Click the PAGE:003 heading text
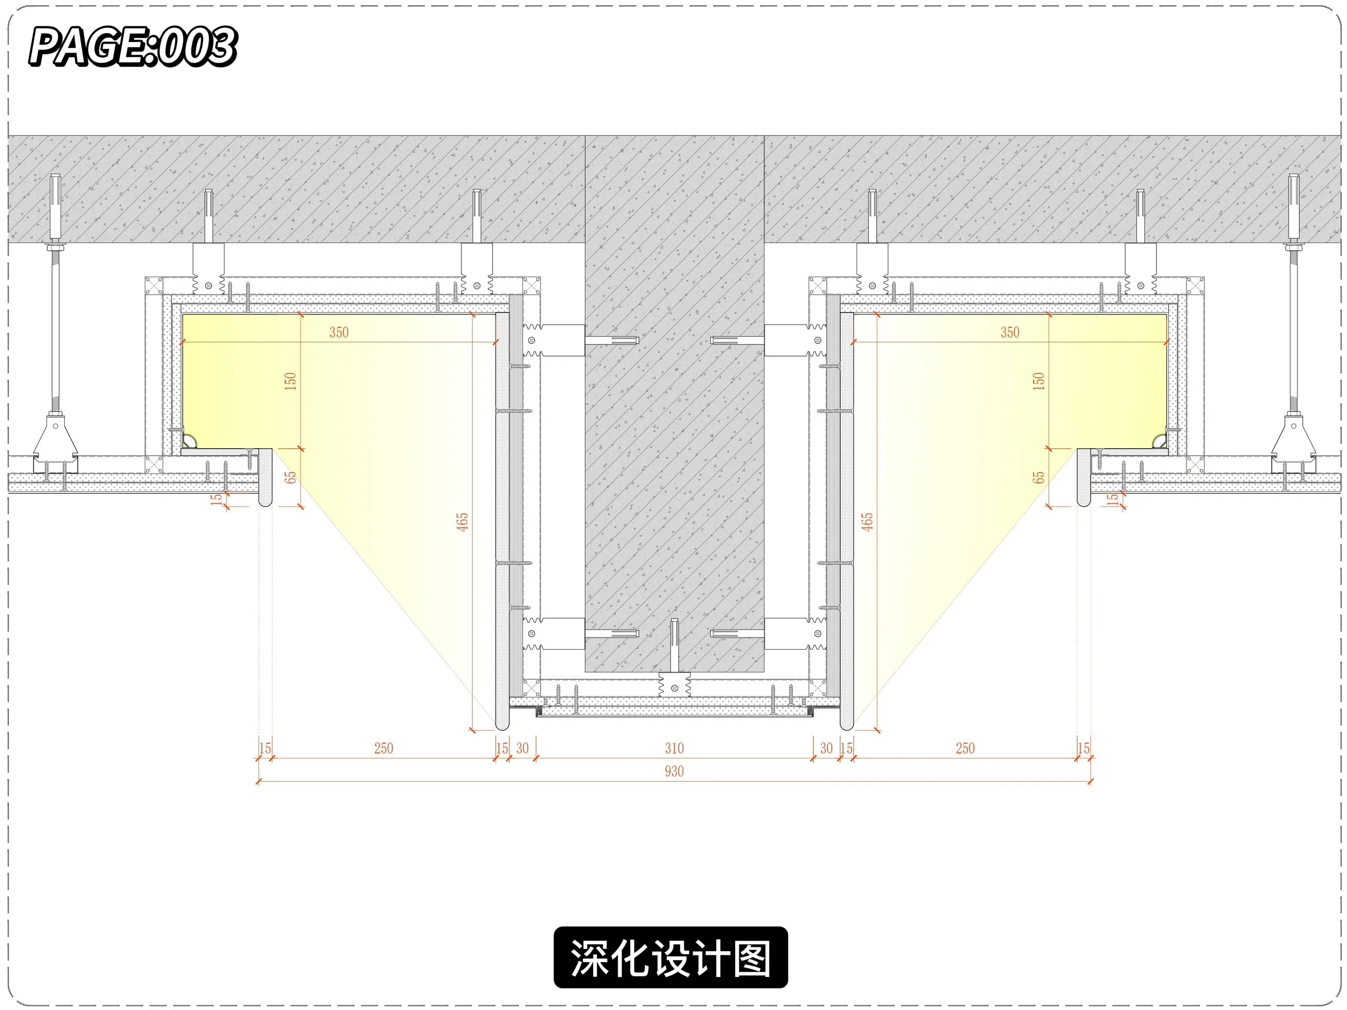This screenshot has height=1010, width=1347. coord(133,46)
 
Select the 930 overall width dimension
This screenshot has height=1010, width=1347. coord(674,771)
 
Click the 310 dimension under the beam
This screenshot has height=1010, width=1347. coord(674,748)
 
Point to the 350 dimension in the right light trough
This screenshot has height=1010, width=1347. coord(1010,332)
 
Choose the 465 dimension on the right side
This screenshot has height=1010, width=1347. coord(867,522)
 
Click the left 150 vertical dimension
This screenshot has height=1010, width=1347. coord(290,381)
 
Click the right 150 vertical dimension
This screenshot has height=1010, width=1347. coord(1039,381)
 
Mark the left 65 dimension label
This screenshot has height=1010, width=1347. coord(291,477)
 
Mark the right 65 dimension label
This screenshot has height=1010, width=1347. coord(1039,477)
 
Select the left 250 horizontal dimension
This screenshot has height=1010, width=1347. coord(384,748)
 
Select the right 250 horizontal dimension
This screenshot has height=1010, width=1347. coord(965,748)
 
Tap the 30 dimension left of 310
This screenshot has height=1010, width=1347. coord(522,748)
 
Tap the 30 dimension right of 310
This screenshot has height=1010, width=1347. coord(826,748)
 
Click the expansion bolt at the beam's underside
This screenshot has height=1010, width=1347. coord(674,645)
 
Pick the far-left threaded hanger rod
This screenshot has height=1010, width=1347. coord(55,329)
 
